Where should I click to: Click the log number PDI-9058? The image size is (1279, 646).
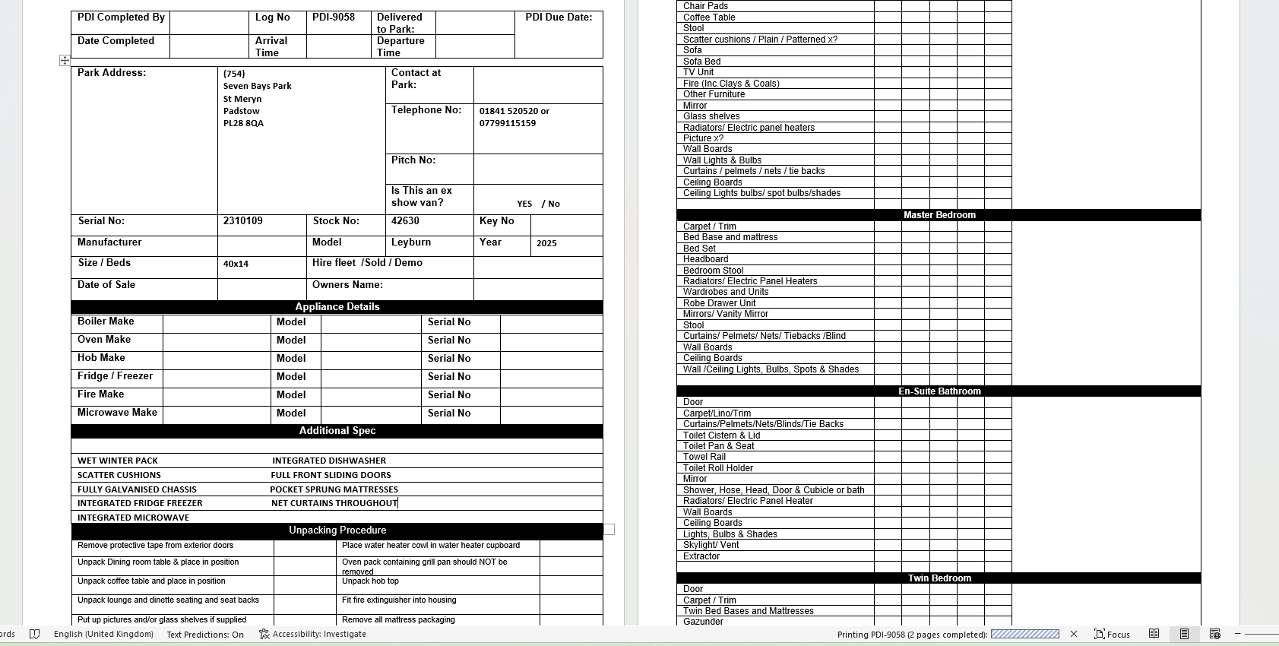(334, 17)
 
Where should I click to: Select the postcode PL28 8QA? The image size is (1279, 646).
(243, 123)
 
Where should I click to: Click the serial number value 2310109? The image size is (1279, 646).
(242, 221)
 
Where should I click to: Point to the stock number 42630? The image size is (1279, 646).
(405, 221)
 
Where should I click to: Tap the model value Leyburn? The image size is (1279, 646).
(411, 242)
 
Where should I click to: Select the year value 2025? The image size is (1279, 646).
(546, 243)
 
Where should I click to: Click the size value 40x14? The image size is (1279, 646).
(236, 264)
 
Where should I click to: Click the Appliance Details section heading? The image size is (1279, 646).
(337, 307)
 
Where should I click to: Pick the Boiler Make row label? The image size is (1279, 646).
(106, 321)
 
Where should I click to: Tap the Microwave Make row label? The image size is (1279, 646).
(117, 413)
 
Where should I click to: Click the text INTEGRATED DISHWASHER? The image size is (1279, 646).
(329, 461)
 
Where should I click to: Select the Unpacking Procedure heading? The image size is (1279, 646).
(337, 530)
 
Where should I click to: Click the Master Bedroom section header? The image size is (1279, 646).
(939, 215)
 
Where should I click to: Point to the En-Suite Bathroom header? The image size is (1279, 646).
(939, 391)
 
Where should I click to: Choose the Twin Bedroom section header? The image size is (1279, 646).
(939, 578)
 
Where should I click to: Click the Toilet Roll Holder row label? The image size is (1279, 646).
(718, 468)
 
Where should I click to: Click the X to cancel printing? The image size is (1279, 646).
(1074, 634)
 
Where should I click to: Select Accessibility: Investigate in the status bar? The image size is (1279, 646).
(312, 635)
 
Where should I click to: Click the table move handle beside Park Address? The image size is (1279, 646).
(65, 60)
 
